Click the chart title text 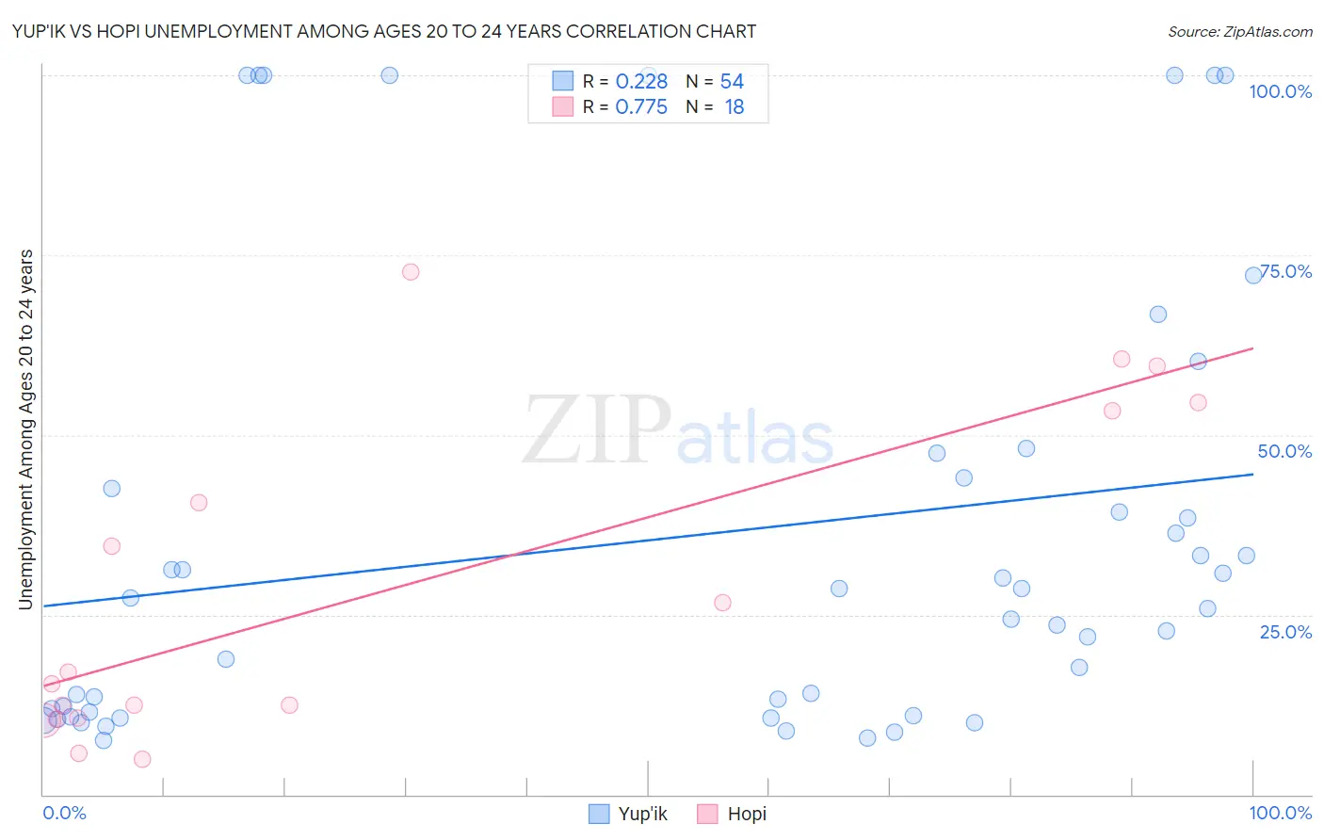[384, 31]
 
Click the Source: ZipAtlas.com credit [1239, 31]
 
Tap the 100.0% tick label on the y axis [1280, 91]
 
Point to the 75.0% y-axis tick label [1286, 271]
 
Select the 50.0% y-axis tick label [1284, 451]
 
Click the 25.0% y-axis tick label [1285, 631]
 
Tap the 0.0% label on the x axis [64, 813]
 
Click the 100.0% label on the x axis [1280, 813]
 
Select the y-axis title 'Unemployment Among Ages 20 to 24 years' [26, 429]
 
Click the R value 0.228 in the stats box [641, 81]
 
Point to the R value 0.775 [641, 106]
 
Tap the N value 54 [732, 81]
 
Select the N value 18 [734, 106]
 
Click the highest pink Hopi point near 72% [411, 272]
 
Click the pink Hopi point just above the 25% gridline [722, 603]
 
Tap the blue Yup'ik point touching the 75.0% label [1253, 275]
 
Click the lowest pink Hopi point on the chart [142, 759]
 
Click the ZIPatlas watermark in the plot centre [678, 431]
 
